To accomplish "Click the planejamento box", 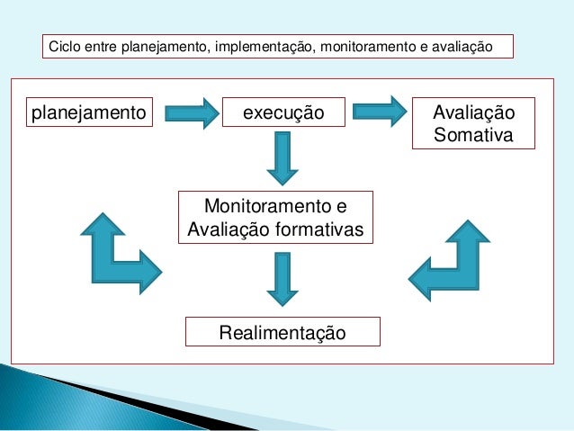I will (x=89, y=113).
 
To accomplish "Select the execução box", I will (x=284, y=113).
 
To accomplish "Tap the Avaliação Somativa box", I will (x=473, y=124).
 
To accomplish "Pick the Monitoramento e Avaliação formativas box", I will (x=275, y=217).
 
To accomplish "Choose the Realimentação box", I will (x=283, y=332).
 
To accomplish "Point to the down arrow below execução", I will (x=283, y=158).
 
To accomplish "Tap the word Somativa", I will (x=473, y=136).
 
